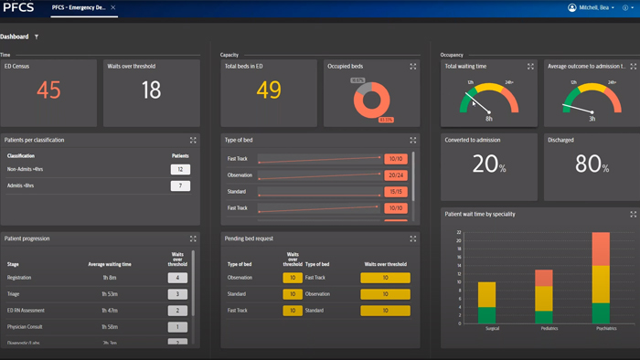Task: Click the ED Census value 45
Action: click(48, 90)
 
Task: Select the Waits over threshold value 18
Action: click(152, 90)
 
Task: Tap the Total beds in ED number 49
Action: click(269, 90)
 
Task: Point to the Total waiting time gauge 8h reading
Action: click(488, 119)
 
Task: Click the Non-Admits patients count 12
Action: click(181, 170)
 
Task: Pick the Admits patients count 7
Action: click(181, 186)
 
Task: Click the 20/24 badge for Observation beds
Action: click(396, 175)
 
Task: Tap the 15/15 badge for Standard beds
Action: click(396, 192)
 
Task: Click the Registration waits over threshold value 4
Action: click(177, 278)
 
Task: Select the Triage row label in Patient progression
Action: click(14, 294)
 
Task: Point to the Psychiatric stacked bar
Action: click(601, 279)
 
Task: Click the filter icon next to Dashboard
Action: click(37, 37)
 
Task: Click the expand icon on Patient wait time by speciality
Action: click(634, 215)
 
